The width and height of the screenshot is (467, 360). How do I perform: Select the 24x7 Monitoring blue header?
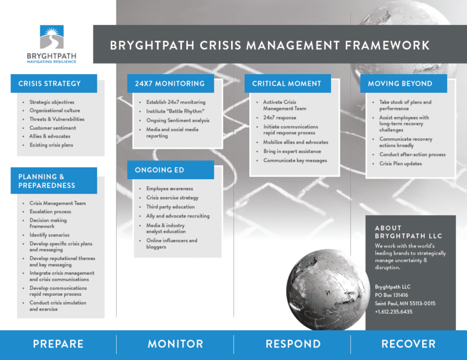click(x=167, y=83)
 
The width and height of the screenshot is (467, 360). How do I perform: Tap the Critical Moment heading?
click(x=287, y=83)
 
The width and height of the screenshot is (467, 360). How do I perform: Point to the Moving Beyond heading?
click(x=400, y=83)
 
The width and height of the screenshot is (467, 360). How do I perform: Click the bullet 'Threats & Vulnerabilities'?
click(x=57, y=119)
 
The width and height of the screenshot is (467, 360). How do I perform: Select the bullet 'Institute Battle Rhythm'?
click(x=171, y=111)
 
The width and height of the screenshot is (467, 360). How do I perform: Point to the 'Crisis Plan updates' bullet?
click(x=400, y=164)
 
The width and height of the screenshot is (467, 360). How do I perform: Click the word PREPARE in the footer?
click(x=58, y=344)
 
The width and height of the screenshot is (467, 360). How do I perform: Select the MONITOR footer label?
click(x=175, y=344)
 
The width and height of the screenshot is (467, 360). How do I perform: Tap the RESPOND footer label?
click(x=292, y=344)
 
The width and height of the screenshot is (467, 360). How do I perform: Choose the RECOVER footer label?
click(x=409, y=344)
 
